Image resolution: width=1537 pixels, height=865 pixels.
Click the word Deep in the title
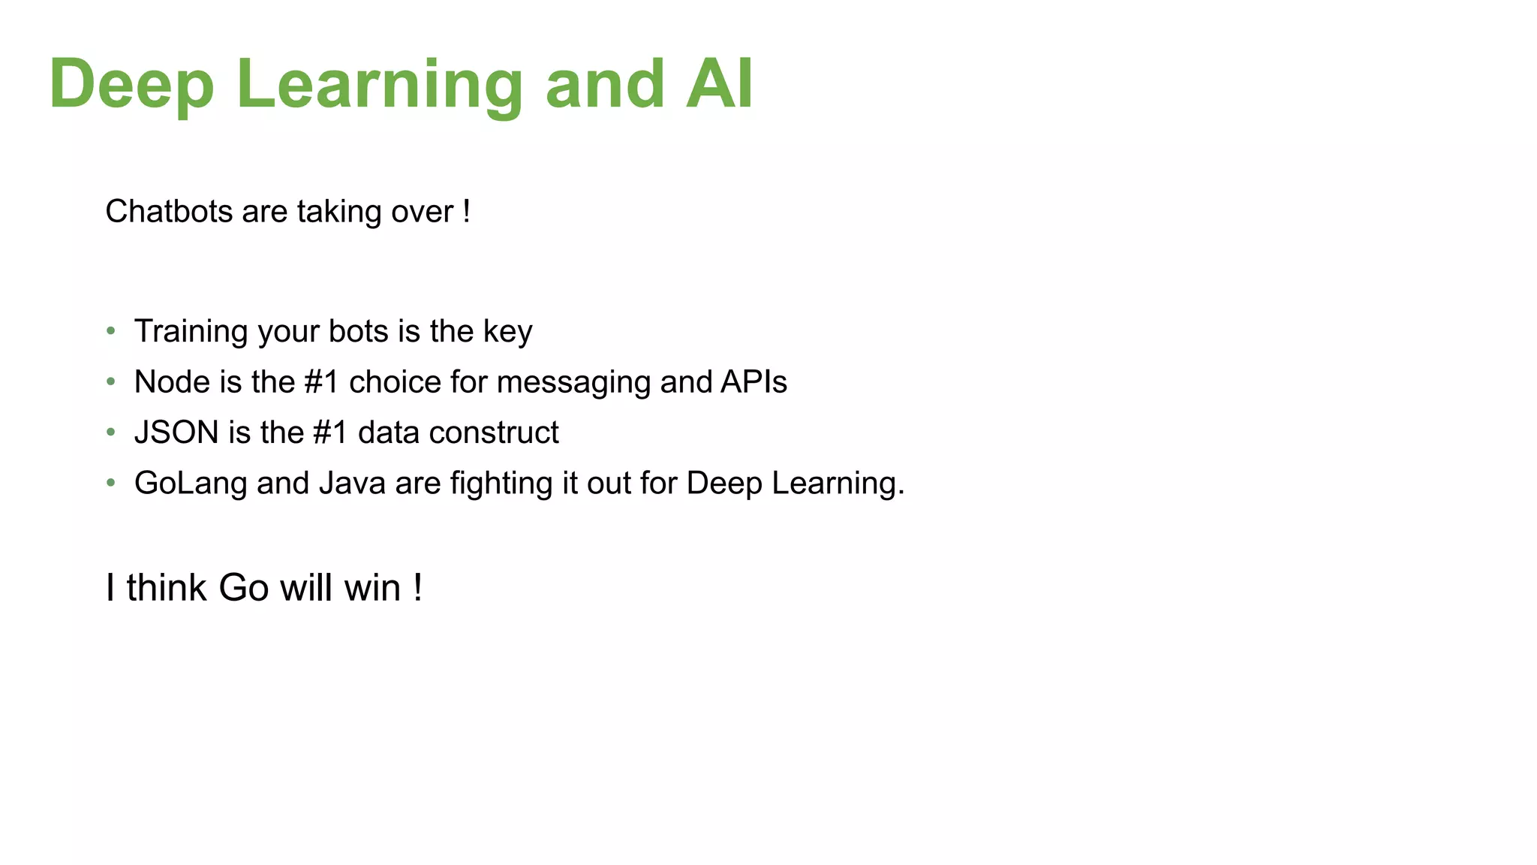pyautogui.click(x=132, y=84)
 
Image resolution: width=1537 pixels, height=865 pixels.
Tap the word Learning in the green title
pyautogui.click(x=379, y=84)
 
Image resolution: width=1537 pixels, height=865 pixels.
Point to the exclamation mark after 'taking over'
pyautogui.click(x=467, y=212)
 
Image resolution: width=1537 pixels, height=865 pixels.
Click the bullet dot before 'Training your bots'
pyautogui.click(x=111, y=330)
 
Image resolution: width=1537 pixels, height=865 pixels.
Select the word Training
pyautogui.click(x=191, y=331)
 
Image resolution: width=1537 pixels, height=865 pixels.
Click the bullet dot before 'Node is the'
pyautogui.click(x=111, y=381)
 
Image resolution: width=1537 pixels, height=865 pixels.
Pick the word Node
pyautogui.click(x=172, y=381)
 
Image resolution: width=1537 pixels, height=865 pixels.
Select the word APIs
pyautogui.click(x=753, y=381)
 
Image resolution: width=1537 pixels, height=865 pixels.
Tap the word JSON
pyautogui.click(x=176, y=432)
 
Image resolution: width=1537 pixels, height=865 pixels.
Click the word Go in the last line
pyautogui.click(x=243, y=588)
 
